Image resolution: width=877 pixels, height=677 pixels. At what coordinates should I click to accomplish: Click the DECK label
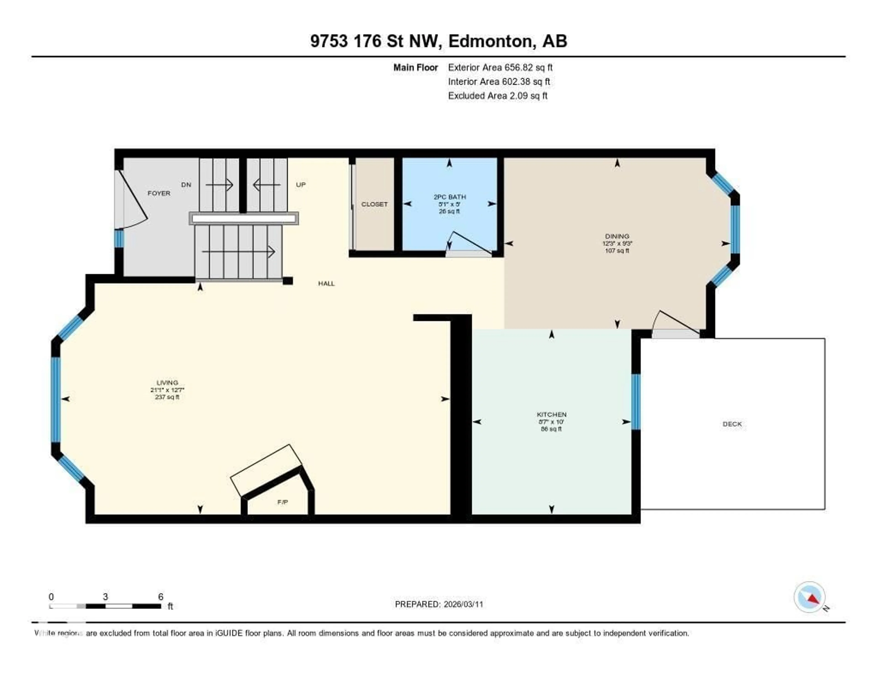coord(732,424)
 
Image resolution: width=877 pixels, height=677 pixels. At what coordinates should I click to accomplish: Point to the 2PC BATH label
coord(449,197)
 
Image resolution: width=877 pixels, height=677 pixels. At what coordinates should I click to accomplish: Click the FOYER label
coord(159,193)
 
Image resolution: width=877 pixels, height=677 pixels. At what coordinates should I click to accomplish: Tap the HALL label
coord(326,283)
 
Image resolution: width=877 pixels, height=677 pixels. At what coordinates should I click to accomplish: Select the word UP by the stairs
coord(301,185)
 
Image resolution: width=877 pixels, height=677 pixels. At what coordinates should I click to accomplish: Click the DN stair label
coord(186,185)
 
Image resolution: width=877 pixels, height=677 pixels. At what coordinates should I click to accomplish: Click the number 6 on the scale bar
coord(161,597)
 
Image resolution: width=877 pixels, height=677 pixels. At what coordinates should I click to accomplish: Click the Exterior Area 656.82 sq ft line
coord(500,67)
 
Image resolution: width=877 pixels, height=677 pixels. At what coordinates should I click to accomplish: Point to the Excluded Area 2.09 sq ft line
coord(497,95)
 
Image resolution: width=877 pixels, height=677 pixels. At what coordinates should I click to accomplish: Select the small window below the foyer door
coord(119,238)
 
